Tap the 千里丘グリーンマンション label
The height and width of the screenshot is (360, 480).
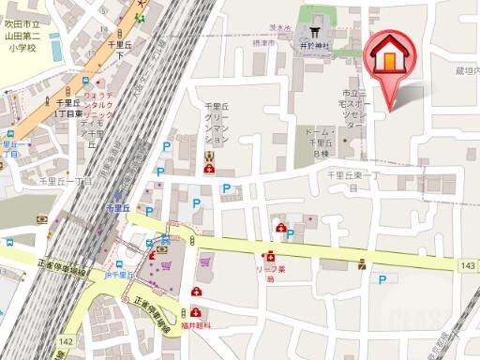pyautogui.click(x=216, y=123)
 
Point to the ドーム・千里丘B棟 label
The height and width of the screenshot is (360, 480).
pyautogui.click(x=321, y=141)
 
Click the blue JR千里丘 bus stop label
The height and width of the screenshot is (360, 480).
pyautogui.click(x=119, y=275)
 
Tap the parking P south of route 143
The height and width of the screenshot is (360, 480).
pyautogui.click(x=382, y=278)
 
